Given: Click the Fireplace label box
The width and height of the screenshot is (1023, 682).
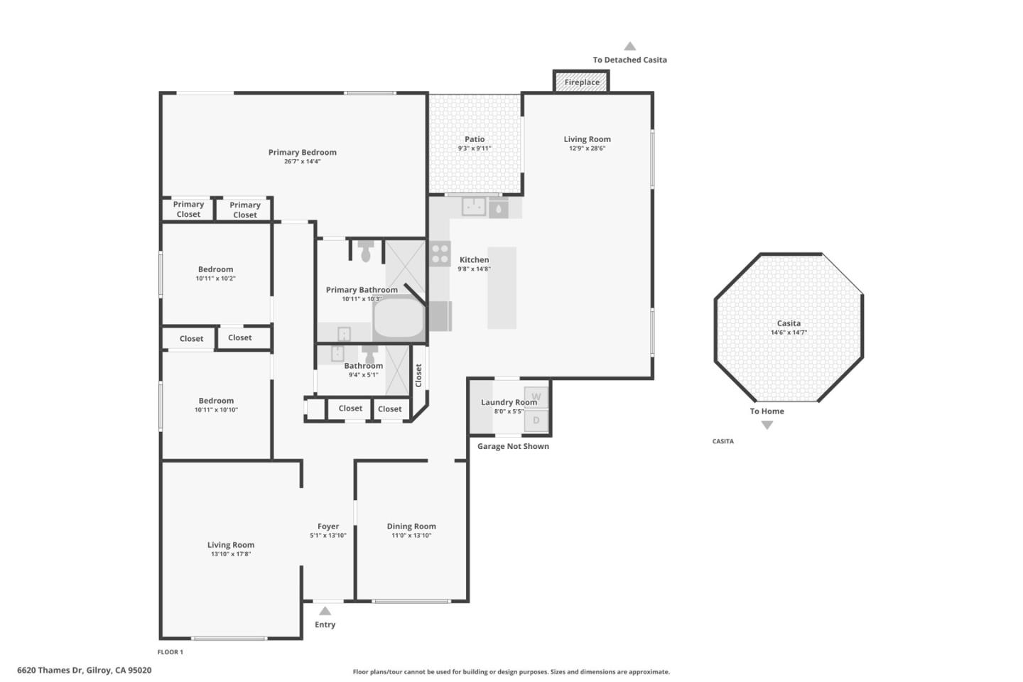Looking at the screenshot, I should [x=582, y=82].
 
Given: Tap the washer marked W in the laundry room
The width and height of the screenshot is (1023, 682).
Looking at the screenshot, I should [x=536, y=397].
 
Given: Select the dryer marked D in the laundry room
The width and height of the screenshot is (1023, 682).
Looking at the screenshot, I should [x=536, y=421].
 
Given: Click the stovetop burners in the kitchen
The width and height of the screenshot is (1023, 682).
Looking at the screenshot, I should [x=440, y=254].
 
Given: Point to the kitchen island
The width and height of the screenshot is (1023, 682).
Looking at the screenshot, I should [x=502, y=288].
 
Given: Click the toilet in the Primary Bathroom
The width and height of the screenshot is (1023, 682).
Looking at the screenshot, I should [x=366, y=251].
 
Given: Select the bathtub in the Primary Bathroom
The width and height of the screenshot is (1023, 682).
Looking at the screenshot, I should [x=399, y=318].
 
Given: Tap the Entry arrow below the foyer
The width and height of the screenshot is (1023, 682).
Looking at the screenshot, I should [x=325, y=611].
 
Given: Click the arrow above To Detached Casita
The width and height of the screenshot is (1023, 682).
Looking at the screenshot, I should [x=629, y=47].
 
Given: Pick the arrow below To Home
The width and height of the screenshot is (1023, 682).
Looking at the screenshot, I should [x=767, y=425].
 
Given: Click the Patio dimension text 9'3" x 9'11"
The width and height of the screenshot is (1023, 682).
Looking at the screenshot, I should [x=475, y=148].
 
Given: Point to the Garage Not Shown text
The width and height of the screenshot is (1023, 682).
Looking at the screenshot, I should [x=513, y=446].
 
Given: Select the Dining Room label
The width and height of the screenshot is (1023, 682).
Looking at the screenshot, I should [x=411, y=526].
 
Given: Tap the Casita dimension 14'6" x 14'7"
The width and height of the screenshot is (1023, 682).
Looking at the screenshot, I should [x=789, y=332].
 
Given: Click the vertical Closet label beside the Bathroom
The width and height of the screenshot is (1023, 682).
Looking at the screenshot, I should [x=418, y=375].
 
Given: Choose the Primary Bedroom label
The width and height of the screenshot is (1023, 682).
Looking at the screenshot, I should [x=302, y=152].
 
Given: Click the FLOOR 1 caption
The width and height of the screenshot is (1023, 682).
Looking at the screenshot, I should [x=170, y=652].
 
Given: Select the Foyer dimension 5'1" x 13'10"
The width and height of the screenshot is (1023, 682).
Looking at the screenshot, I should [x=328, y=536].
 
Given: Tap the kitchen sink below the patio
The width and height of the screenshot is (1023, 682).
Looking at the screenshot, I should [x=474, y=207].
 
